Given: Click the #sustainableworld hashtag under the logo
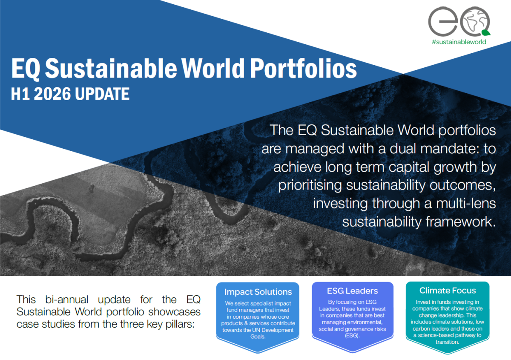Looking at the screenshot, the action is click(x=459, y=42).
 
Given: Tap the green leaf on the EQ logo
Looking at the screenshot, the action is click(x=486, y=33).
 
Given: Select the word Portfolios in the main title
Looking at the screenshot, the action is click(x=303, y=68).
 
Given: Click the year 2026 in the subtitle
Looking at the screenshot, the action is click(x=52, y=94).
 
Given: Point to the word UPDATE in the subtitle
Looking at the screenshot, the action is click(x=102, y=94).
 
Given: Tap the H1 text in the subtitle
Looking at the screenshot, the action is click(x=20, y=94).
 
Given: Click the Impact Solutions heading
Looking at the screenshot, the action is click(x=258, y=292).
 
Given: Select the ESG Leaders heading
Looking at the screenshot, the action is click(x=353, y=291).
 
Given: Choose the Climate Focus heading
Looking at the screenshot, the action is click(x=448, y=291).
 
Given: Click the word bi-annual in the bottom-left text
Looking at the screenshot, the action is click(x=66, y=300).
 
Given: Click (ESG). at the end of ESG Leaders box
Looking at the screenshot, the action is click(x=353, y=336).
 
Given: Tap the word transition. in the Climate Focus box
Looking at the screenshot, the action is click(x=448, y=342).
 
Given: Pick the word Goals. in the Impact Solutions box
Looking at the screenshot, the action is click(x=258, y=337).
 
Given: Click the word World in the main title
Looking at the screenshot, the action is click(x=213, y=68).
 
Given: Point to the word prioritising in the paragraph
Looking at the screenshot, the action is click(x=310, y=185).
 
